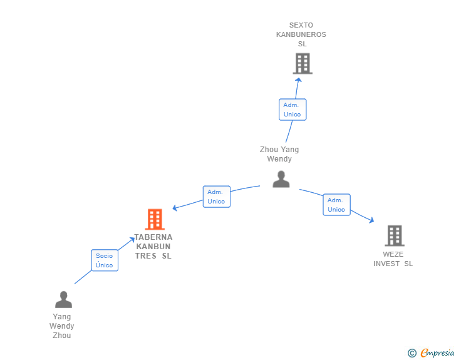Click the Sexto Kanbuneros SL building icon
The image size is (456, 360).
(x=303, y=63)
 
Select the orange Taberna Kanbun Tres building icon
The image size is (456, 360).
(x=155, y=219)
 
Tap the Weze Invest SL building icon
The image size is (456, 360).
(x=394, y=235)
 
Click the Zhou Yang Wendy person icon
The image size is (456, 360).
(x=281, y=179)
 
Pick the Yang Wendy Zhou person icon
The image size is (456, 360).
(x=63, y=299)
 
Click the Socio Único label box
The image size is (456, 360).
(x=105, y=260)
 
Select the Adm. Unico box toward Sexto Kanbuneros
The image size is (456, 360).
(x=293, y=110)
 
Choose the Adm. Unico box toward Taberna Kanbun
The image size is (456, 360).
(x=216, y=197)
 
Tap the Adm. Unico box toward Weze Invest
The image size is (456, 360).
(x=336, y=205)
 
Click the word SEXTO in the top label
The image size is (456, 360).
(x=301, y=26)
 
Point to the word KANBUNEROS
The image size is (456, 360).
(x=301, y=35)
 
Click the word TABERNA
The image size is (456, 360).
(x=154, y=237)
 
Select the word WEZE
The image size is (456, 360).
(x=393, y=254)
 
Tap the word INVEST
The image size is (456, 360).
(x=386, y=264)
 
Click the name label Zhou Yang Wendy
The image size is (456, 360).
(x=279, y=154)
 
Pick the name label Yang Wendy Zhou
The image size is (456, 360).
(x=62, y=326)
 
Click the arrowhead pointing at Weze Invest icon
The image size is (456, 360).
(x=371, y=220)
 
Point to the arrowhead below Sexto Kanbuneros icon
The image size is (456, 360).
(x=299, y=80)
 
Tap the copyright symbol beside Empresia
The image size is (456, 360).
(x=412, y=353)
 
